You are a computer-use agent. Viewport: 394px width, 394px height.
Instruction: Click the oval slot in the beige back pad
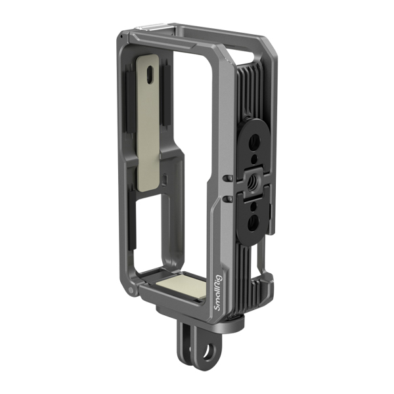pyautogui.click(x=151, y=76)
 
